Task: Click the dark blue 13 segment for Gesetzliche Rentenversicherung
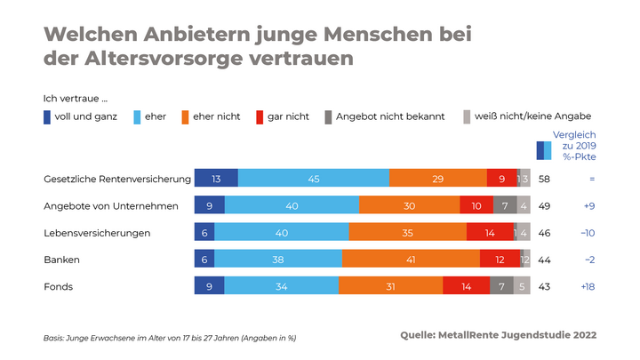[x=216, y=179]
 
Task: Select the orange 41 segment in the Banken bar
[x=411, y=260]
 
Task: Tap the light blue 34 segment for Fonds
[x=281, y=286]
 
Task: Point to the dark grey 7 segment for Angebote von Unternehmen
[x=504, y=206]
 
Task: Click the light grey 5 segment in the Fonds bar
[x=523, y=286]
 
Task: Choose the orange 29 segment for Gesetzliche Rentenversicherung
[x=437, y=179]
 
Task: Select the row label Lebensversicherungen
[x=98, y=233]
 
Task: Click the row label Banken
[x=62, y=260]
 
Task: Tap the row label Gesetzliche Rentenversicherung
[x=117, y=179]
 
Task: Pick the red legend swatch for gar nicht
[x=260, y=116]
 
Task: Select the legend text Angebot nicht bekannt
[x=388, y=116]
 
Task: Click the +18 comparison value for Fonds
[x=588, y=286]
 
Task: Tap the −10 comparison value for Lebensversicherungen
[x=588, y=233]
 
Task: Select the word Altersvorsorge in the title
[x=156, y=59]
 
